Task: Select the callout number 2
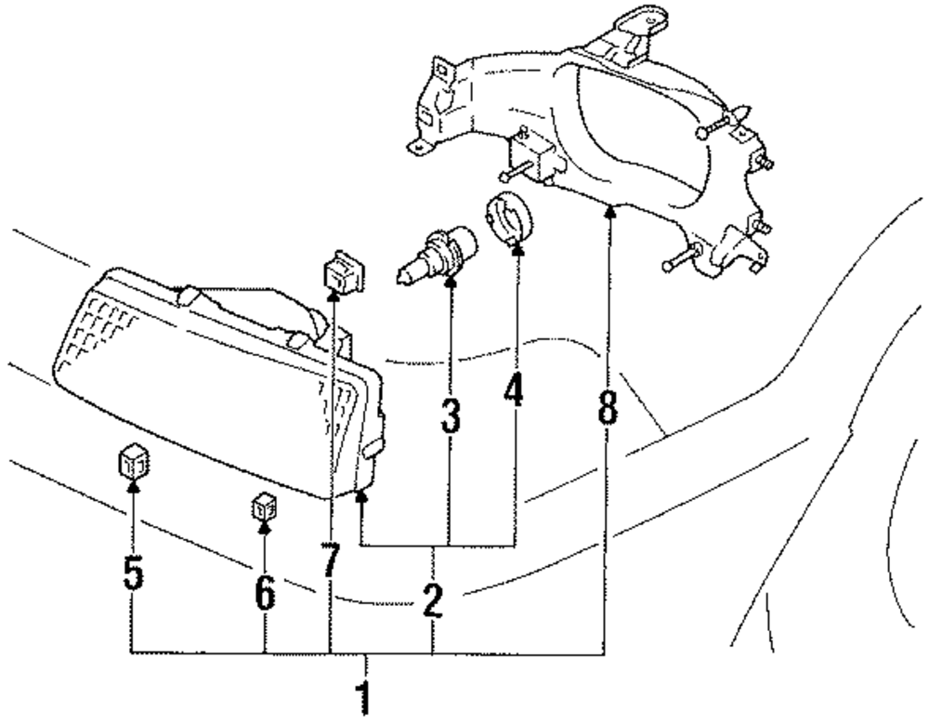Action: click(432, 601)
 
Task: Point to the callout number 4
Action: click(514, 394)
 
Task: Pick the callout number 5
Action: click(133, 573)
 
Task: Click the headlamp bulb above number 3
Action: click(436, 257)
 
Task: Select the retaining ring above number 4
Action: click(508, 220)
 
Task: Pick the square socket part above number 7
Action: click(339, 272)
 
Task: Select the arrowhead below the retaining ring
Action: click(517, 248)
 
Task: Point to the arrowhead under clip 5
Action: click(133, 483)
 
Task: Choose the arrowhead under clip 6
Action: click(266, 528)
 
